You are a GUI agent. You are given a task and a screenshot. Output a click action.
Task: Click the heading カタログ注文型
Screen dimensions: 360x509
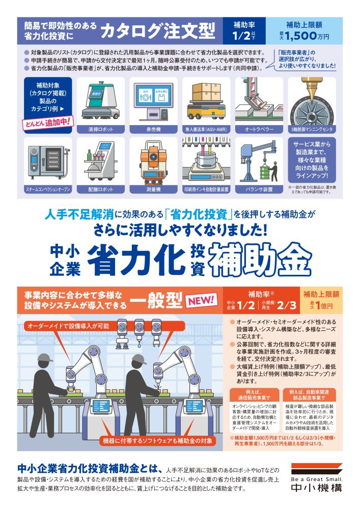click(x=158, y=31)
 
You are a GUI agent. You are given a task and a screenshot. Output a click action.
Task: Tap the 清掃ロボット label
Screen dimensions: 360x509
click(x=101, y=129)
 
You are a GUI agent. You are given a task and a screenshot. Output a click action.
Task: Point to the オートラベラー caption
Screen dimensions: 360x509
click(x=259, y=129)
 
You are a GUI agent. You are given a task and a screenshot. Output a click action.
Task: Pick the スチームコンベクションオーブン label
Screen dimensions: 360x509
click(x=48, y=189)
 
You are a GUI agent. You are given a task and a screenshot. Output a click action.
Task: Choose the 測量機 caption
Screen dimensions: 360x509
click(x=154, y=189)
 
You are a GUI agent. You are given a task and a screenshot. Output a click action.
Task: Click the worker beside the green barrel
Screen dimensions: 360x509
click(x=274, y=173)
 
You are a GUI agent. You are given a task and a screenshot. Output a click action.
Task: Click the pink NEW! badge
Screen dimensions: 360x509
click(x=201, y=300)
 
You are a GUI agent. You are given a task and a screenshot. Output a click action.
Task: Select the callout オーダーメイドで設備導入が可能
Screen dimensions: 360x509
click(x=69, y=326)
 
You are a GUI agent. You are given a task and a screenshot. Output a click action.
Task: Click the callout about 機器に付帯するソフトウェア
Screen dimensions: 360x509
click(x=157, y=440)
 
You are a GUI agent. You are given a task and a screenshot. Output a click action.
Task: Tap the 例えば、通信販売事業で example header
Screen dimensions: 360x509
click(x=254, y=395)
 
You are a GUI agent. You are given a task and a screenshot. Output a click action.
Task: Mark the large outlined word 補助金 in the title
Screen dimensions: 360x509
click(x=260, y=259)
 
